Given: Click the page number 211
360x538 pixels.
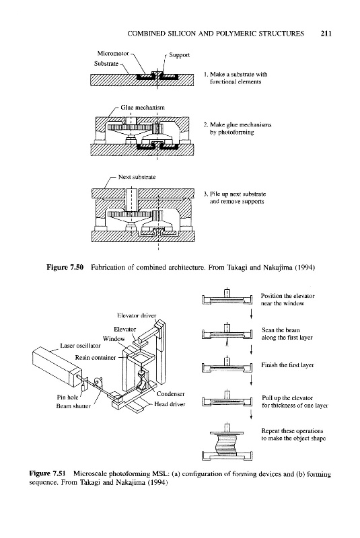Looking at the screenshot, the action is [326, 34].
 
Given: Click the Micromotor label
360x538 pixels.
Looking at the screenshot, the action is [113, 54].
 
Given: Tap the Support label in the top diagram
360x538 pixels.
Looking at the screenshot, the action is [179, 55].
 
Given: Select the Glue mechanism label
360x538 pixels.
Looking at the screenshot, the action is [143, 108].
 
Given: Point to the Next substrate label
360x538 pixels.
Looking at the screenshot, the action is [137, 177].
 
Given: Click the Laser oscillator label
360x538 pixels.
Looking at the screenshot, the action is [80, 346].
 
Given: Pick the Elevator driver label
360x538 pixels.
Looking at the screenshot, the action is [137, 315].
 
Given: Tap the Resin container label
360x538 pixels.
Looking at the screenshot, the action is [96, 358].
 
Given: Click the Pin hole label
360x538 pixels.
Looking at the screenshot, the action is [67, 397].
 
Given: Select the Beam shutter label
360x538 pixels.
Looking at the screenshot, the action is [73, 406].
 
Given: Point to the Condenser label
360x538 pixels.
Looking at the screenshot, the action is [170, 394].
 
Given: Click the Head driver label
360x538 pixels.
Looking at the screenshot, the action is [170, 404].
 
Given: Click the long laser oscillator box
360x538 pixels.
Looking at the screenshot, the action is [57, 366].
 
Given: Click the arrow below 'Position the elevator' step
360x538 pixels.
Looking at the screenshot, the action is [252, 313].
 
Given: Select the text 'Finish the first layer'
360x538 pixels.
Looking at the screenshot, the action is [287, 365].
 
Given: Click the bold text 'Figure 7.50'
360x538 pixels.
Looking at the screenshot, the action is [65, 267].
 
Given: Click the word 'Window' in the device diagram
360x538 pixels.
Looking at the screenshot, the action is [114, 339].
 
